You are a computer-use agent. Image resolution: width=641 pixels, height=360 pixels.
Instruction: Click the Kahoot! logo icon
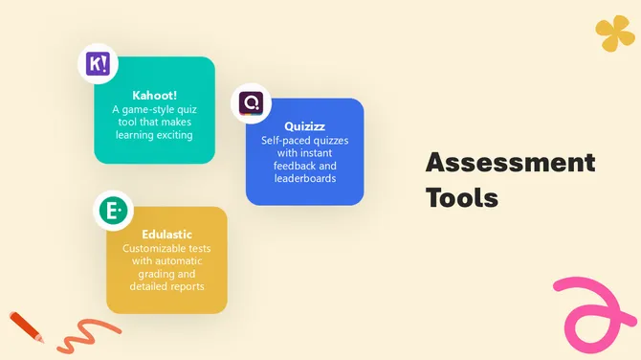(x=98, y=65)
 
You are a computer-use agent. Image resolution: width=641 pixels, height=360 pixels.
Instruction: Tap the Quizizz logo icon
(x=252, y=102)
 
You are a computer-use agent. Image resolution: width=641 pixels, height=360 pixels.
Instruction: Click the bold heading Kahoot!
(x=154, y=96)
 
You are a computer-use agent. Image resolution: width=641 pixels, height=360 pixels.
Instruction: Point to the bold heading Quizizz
(x=305, y=125)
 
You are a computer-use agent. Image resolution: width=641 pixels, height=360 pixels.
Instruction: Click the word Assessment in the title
(x=510, y=162)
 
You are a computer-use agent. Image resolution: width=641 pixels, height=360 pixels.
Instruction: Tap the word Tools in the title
(x=462, y=198)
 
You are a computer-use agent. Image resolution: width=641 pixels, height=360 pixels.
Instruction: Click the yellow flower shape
(x=615, y=34)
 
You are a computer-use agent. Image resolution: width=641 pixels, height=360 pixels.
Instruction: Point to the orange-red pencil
(x=26, y=326)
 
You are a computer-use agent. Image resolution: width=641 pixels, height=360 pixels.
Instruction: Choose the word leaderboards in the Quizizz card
(x=304, y=178)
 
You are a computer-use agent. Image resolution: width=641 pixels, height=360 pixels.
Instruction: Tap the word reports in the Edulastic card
(x=186, y=286)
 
